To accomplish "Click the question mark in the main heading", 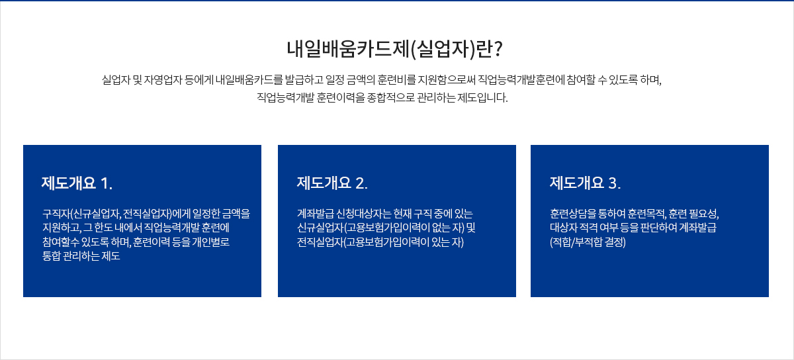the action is coord(498,48).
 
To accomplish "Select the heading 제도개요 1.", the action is coord(77,183).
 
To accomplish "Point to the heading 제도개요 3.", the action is coord(585,183).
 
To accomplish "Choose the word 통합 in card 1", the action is coord(52,256).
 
